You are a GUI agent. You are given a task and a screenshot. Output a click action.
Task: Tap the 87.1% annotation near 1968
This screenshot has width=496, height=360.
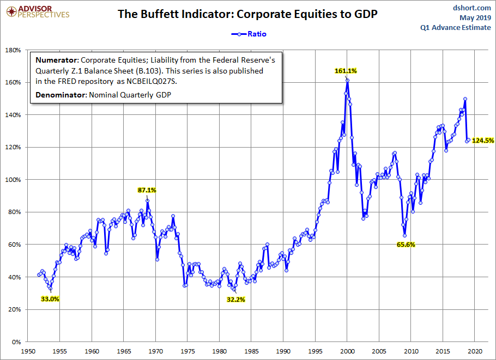[x=147, y=190]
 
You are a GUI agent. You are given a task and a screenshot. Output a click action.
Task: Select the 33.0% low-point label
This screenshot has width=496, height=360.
[x=50, y=298]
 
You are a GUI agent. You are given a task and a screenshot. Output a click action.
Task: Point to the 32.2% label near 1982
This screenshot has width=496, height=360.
[x=236, y=299]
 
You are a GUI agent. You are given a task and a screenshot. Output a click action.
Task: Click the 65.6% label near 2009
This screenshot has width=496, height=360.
[x=406, y=245]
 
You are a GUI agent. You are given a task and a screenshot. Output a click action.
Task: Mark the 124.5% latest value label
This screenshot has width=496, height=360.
[x=483, y=141]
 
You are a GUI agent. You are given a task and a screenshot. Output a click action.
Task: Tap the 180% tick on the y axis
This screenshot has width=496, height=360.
[x=13, y=50]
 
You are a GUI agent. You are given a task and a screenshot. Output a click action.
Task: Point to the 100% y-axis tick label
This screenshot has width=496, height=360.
[x=13, y=180]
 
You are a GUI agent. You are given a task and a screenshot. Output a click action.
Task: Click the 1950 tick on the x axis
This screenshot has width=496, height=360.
[x=28, y=351]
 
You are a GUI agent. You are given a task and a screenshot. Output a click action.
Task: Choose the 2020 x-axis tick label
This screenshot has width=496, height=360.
[x=475, y=351]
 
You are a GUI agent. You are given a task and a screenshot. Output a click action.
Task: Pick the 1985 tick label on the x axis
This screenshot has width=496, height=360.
[x=251, y=351]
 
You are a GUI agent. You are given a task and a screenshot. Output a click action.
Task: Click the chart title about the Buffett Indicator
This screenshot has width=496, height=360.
[x=248, y=14]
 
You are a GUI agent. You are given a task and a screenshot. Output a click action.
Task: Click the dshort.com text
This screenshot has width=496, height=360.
[x=472, y=8]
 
